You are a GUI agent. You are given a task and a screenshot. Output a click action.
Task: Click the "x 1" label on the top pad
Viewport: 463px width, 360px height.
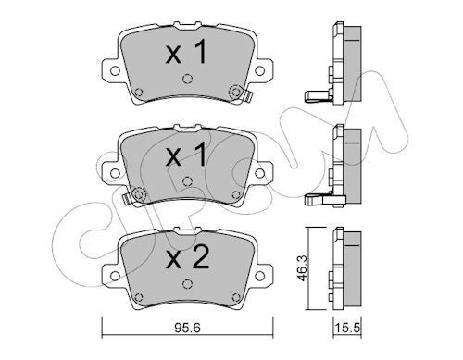click(x=185, y=53)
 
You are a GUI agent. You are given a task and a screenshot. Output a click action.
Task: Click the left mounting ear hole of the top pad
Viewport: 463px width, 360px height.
click(x=110, y=68)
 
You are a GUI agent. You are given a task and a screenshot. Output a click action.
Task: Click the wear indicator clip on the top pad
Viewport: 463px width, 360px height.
click(x=236, y=92)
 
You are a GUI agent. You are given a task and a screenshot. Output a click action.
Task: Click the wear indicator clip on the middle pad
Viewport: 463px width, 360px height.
click(x=138, y=193)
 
